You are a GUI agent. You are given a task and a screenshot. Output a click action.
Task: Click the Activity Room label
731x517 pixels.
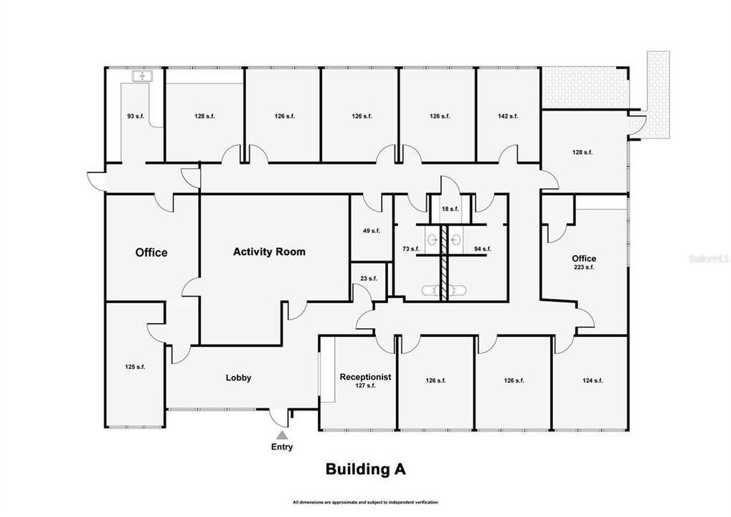point(269,251)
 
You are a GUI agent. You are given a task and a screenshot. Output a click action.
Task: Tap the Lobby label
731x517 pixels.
point(238,378)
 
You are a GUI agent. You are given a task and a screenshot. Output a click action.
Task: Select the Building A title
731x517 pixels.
point(366,470)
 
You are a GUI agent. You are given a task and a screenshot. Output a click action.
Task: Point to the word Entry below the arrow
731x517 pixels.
point(283,447)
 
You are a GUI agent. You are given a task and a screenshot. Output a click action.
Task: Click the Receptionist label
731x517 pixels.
point(365,376)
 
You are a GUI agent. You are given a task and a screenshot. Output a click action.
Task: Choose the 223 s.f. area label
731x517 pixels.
point(583,267)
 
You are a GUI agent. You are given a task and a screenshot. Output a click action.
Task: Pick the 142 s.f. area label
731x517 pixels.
point(508,116)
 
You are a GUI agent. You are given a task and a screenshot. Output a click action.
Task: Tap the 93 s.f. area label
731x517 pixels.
point(136,116)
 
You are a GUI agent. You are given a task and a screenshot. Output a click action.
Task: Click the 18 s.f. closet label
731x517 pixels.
point(450,209)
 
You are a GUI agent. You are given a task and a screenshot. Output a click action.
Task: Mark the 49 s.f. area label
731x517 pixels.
point(371,230)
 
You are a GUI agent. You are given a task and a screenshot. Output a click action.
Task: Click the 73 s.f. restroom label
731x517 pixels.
point(410,249)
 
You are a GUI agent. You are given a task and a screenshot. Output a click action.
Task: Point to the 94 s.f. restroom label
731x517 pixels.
point(482,249)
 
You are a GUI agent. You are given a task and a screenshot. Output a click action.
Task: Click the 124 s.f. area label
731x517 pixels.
point(593,381)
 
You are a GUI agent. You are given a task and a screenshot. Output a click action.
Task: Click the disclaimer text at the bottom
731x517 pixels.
point(365,502)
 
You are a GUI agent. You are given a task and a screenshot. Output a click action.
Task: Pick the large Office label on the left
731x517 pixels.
point(151,252)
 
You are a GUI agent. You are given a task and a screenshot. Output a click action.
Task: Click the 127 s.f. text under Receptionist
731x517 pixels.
point(365,386)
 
